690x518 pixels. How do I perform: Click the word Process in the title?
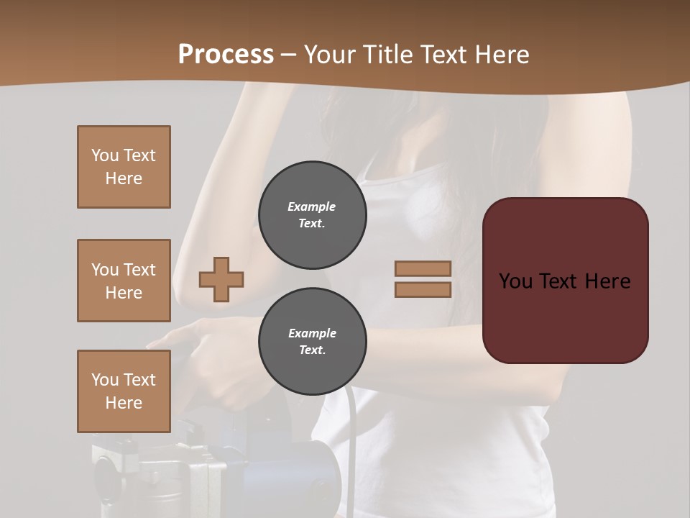226,54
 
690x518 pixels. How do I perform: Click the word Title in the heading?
388,54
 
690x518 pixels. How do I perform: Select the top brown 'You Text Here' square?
124,167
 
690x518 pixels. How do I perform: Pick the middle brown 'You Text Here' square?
124,281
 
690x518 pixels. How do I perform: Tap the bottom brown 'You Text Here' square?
124,391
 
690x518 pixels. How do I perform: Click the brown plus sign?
221,279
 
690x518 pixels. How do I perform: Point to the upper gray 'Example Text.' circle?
312,215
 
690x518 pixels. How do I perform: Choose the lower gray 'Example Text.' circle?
312,342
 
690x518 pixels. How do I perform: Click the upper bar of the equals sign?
423,268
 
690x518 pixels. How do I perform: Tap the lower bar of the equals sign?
423,289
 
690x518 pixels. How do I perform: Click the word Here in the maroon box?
607,281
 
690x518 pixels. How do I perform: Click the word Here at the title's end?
503,54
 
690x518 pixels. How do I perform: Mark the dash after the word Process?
289,55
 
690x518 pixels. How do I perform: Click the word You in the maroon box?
515,281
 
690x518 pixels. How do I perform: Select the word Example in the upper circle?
312,206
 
